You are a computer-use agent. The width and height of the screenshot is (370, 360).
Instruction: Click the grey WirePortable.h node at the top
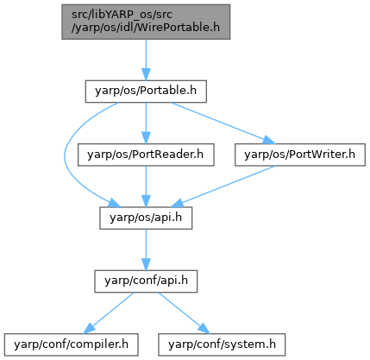[x=146, y=22]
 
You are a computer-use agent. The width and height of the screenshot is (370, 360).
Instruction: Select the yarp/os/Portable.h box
[x=146, y=92]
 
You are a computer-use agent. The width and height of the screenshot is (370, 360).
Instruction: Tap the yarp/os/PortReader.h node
[x=146, y=155]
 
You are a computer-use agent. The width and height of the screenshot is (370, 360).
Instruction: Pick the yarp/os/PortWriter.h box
[x=300, y=155]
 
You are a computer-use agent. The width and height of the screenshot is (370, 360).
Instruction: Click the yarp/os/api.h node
[x=146, y=218]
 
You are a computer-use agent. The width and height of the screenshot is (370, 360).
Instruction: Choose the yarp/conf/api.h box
[x=146, y=281]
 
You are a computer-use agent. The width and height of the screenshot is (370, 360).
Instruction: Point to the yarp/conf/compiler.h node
[x=71, y=344]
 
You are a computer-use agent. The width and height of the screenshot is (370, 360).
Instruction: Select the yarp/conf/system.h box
[x=222, y=344]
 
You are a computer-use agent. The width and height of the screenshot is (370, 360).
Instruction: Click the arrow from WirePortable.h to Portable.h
[x=146, y=60]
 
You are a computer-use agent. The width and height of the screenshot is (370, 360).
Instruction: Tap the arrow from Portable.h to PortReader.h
[x=146, y=123]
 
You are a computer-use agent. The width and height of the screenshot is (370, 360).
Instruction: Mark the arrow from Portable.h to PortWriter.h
[x=223, y=123]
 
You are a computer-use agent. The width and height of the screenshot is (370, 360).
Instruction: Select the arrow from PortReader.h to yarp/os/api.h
[x=146, y=186]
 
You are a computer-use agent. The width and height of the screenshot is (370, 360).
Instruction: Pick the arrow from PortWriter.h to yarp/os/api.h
[x=223, y=186]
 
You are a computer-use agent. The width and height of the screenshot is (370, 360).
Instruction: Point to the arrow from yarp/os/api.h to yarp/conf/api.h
[x=146, y=249]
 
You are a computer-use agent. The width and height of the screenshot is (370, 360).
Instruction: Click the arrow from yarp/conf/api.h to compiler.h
[x=109, y=313]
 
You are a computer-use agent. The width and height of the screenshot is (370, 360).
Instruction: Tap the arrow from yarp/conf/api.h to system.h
[x=184, y=313]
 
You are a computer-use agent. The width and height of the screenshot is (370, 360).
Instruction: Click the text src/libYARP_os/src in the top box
[x=122, y=15]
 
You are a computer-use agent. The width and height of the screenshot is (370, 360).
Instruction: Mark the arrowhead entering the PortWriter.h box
[x=269, y=140]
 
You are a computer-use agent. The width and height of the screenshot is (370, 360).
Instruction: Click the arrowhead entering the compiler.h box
[x=89, y=329]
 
